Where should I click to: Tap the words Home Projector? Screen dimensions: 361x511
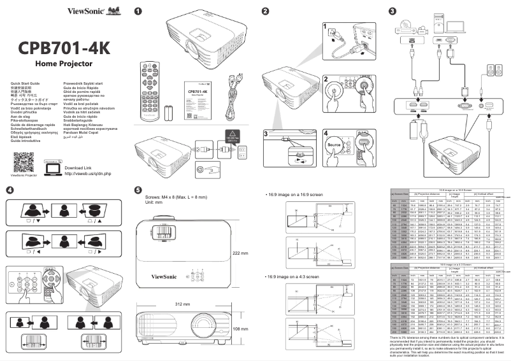click(64, 65)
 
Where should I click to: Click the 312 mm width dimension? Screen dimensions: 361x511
click(182, 304)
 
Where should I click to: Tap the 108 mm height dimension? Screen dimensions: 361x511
click(241, 329)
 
